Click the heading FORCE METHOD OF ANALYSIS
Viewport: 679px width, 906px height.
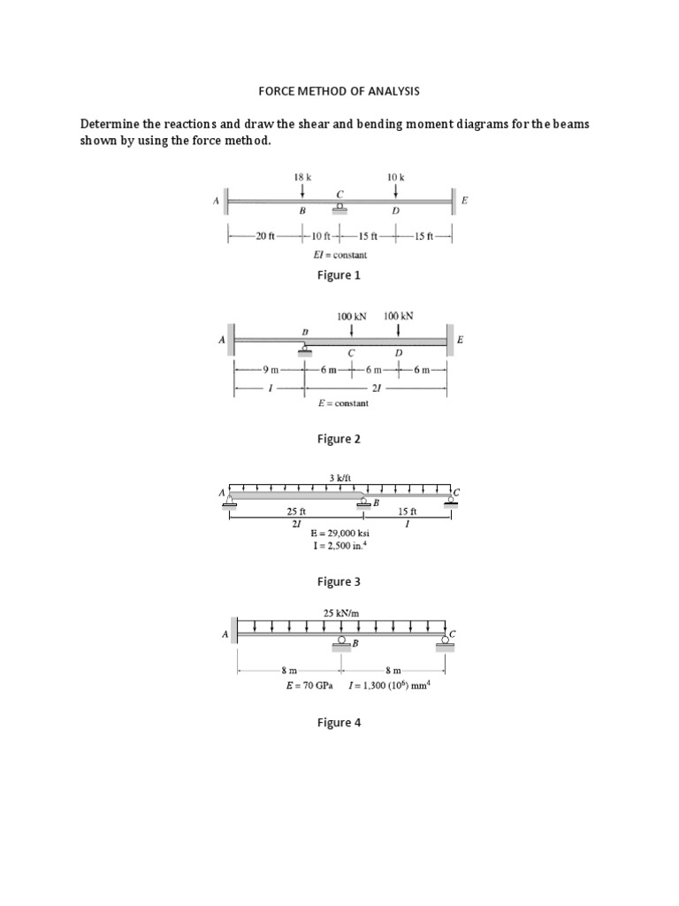coord(339,91)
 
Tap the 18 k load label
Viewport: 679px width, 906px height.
coord(303,177)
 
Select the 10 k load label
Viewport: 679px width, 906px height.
coord(395,177)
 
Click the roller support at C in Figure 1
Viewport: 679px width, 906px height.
coord(339,208)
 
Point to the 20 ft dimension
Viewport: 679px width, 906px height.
coord(265,235)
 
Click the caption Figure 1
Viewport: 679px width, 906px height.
coord(339,275)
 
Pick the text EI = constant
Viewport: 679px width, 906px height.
coord(340,255)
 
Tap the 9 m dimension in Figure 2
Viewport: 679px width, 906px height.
coord(270,370)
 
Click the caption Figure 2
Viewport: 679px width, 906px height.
coord(339,439)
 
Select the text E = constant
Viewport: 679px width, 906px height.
coord(343,403)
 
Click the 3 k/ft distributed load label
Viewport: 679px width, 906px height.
coord(340,477)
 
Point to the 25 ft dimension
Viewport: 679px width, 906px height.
coord(296,511)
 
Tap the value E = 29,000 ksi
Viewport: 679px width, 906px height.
coord(340,534)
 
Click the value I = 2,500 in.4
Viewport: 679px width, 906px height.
coord(340,547)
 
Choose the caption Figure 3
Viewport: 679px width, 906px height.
coord(339,581)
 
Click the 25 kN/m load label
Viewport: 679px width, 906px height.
coord(340,611)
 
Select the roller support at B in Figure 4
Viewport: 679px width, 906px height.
coord(341,644)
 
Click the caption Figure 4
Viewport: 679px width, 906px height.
coord(339,722)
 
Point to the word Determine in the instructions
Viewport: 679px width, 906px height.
coord(115,124)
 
